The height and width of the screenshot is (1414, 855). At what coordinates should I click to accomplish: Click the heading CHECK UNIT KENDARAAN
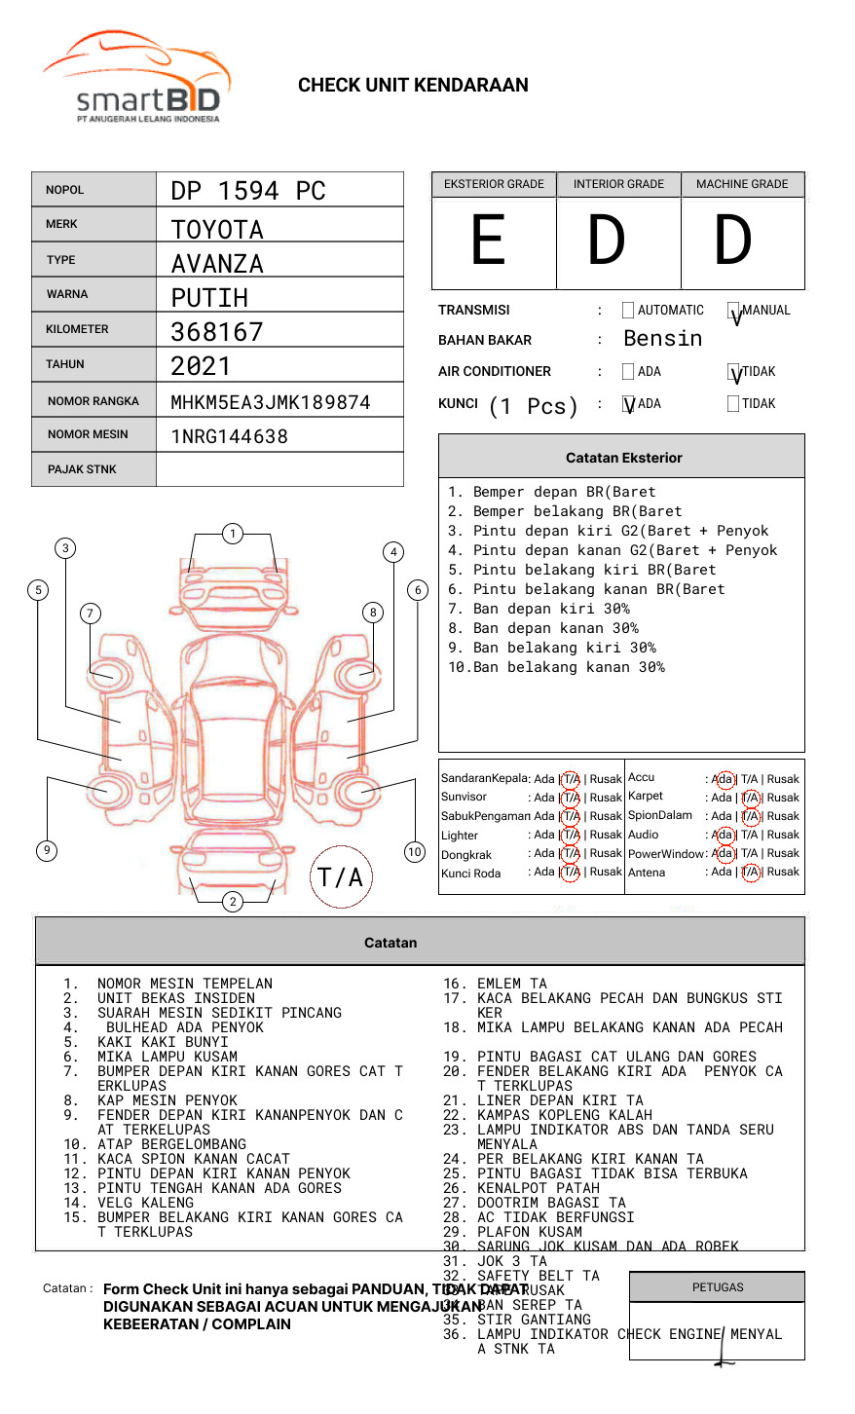(413, 86)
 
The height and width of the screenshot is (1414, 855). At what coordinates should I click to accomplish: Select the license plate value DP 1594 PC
(248, 191)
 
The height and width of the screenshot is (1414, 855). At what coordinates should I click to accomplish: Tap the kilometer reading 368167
(217, 332)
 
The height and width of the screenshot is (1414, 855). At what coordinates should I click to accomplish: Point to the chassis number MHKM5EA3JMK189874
(271, 402)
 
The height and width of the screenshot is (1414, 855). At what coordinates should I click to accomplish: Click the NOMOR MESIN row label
(88, 434)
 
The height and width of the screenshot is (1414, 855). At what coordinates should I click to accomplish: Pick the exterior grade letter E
(488, 241)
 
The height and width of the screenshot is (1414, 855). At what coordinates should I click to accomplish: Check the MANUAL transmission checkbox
(733, 312)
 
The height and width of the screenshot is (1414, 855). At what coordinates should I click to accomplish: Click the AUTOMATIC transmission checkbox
(628, 311)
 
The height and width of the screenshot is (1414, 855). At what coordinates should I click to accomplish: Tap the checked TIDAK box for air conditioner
(733, 373)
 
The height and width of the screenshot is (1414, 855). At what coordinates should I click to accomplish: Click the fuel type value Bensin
(662, 339)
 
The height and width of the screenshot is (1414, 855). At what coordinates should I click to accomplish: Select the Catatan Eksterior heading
(623, 458)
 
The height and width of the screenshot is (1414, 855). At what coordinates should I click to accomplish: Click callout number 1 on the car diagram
(232, 534)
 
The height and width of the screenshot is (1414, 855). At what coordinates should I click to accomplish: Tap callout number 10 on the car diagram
(415, 852)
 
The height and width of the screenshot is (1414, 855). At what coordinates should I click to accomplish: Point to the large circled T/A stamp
(341, 877)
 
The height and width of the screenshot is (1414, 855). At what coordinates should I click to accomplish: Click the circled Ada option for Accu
(724, 779)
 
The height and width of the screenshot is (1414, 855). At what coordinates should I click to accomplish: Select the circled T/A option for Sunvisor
(571, 798)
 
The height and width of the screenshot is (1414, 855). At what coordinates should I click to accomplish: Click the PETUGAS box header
(718, 1287)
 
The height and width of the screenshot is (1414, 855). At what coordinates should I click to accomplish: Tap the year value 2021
(201, 366)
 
